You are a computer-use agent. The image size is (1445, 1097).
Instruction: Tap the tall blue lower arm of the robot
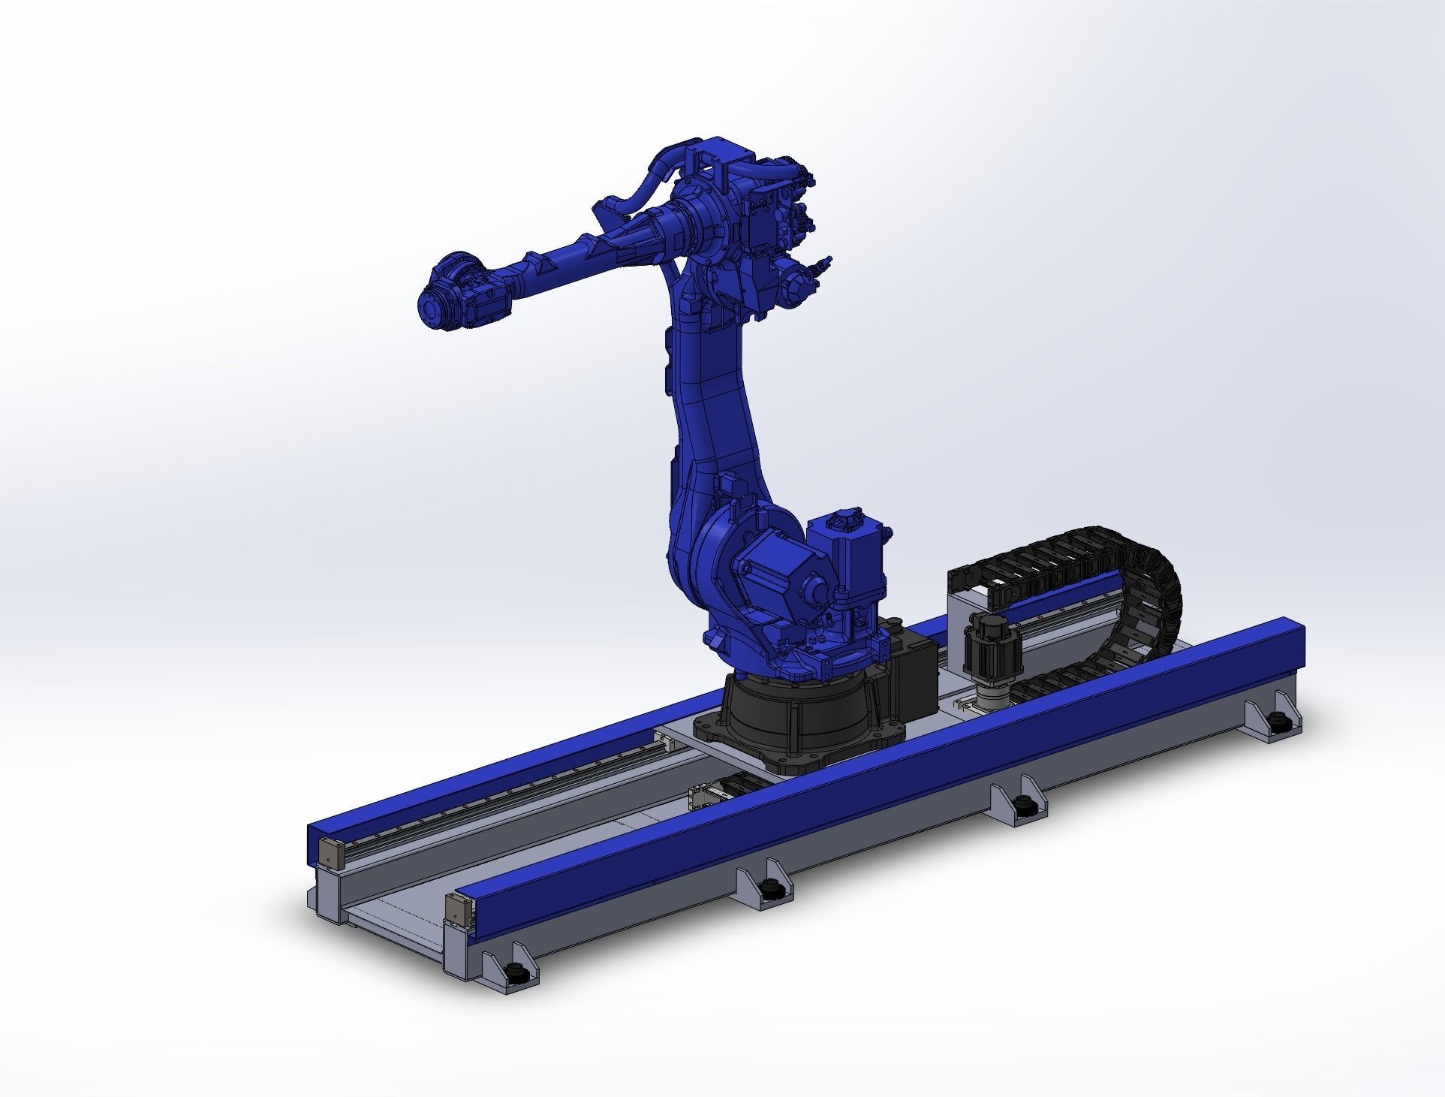(x=713, y=420)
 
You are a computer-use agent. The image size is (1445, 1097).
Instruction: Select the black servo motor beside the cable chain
(x=991, y=646)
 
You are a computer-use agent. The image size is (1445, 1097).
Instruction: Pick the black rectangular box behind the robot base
(x=912, y=661)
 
